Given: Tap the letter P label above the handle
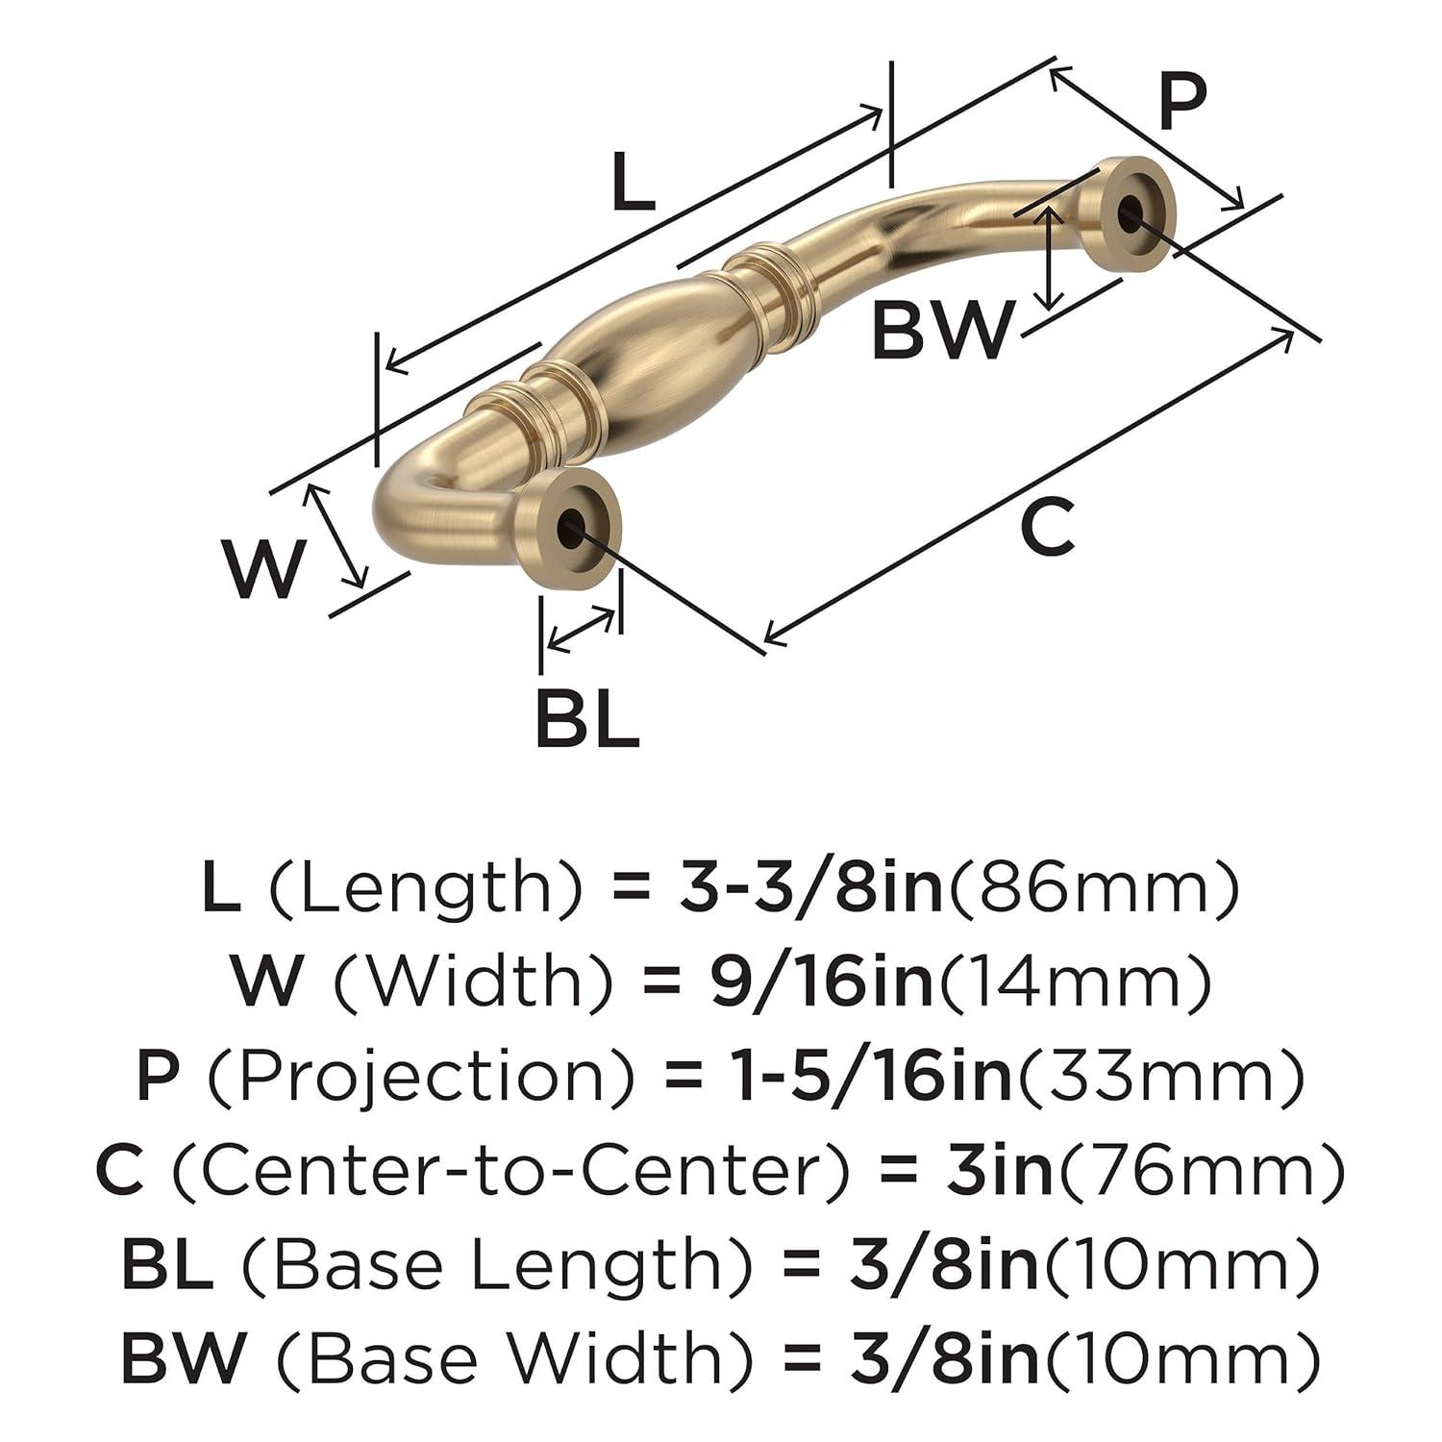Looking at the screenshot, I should (1181, 104).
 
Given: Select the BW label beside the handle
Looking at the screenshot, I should (942, 329).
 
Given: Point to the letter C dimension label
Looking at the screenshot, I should (1047, 528).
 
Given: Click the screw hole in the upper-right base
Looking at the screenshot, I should (1135, 211).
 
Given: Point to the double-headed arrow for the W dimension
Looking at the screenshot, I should (337, 535).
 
